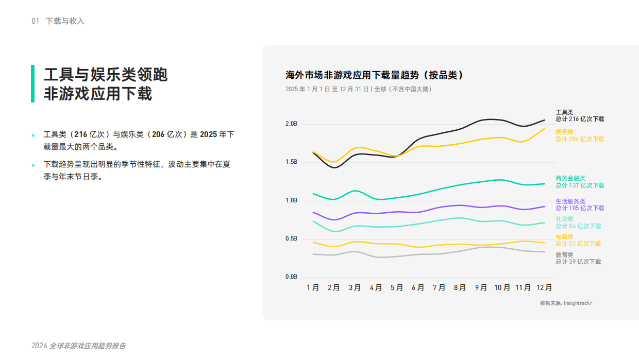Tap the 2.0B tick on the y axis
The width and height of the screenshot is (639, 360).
tap(291, 124)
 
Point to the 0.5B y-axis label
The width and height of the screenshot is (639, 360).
tap(291, 239)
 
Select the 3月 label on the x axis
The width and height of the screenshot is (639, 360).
tap(355, 288)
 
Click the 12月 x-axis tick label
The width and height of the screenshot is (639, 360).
tap(545, 288)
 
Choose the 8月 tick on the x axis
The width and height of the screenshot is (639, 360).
tap(460, 288)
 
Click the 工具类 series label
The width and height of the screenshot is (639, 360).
tap(564, 112)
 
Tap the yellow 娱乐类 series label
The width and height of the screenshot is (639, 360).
tap(564, 132)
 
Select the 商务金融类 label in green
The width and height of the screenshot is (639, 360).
tap(570, 178)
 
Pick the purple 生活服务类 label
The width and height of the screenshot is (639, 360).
tap(570, 201)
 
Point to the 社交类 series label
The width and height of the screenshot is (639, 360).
tap(564, 219)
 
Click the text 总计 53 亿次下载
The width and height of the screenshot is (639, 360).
tap(578, 244)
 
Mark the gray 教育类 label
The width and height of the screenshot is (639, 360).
tap(564, 255)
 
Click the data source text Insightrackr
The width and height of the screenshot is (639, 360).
tap(578, 303)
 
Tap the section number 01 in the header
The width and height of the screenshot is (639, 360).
tap(36, 21)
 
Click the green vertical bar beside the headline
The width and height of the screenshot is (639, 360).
tap(33, 83)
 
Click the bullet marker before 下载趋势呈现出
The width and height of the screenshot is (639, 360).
tap(33, 165)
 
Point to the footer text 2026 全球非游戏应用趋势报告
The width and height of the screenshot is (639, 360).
tap(78, 346)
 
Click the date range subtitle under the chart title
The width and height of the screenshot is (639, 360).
tap(359, 89)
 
